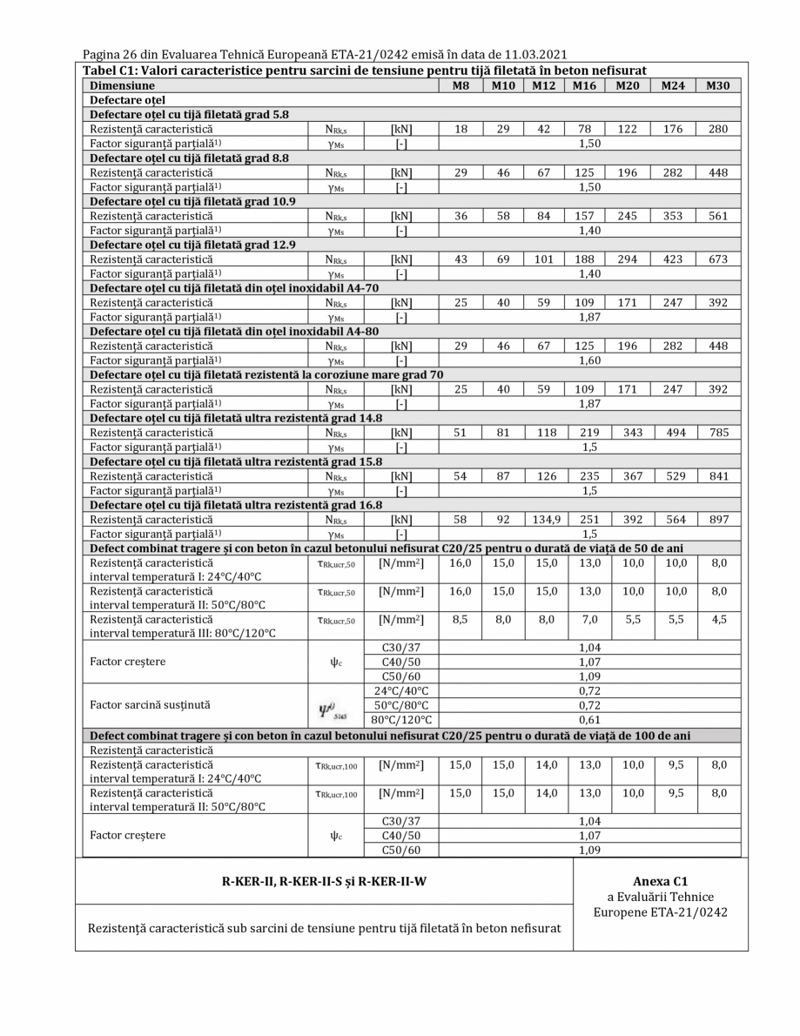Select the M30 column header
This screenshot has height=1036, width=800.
coord(717,86)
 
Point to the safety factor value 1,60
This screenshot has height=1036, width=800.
coord(590,360)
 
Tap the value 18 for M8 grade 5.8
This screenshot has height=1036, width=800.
coord(460,129)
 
